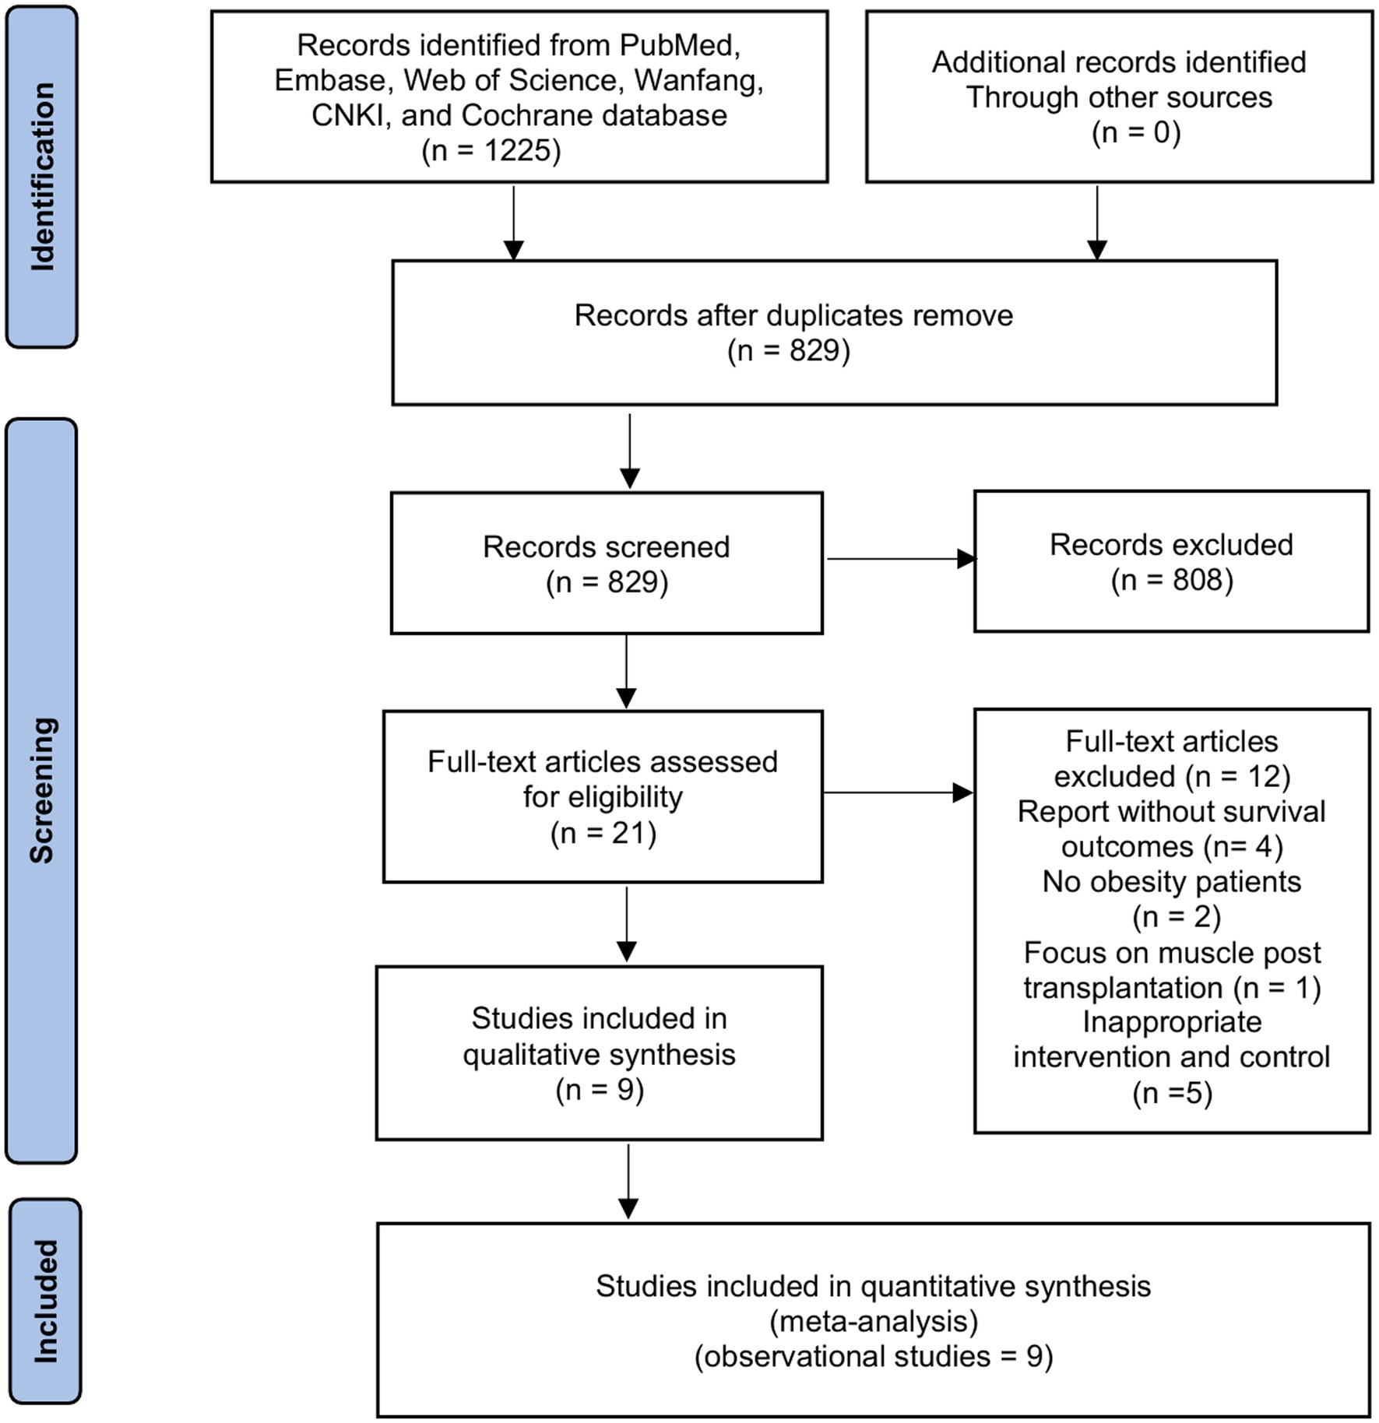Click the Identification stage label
(43, 177)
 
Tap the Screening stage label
(42, 790)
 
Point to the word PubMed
(679, 45)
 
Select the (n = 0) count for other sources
(1136, 132)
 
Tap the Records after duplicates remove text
(793, 315)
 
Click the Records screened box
(607, 563)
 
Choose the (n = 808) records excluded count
(1172, 580)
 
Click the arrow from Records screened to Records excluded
(901, 559)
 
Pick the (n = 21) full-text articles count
(603, 833)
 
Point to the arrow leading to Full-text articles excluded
(899, 793)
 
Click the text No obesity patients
(1172, 882)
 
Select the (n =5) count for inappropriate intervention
(1173, 1093)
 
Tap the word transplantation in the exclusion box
(1122, 988)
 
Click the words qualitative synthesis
(599, 1055)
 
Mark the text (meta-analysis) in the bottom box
(874, 1321)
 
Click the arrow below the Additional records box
(1097, 223)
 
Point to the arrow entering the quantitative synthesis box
(628, 1181)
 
